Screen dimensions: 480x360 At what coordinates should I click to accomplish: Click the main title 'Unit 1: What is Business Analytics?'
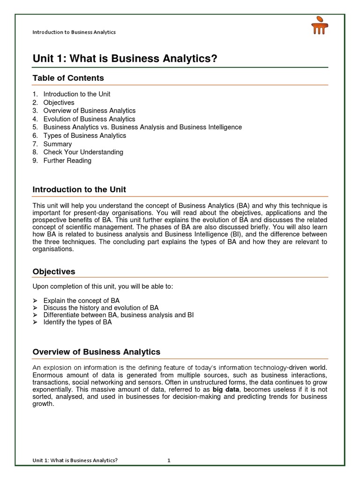pyautogui.click(x=119, y=59)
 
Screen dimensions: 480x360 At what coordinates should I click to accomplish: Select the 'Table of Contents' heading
pyautogui.click(x=68, y=78)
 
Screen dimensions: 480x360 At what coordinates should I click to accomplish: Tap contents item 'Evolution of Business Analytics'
pyautogui.click(x=89, y=119)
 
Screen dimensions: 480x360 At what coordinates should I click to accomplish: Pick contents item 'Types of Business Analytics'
pyautogui.click(x=85, y=135)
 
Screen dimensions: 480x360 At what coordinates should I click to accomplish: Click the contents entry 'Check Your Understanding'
pyautogui.click(x=83, y=152)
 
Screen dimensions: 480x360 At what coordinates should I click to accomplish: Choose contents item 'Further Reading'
pyautogui.click(x=67, y=160)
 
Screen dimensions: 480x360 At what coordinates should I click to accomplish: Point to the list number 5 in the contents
pyautogui.click(x=35, y=127)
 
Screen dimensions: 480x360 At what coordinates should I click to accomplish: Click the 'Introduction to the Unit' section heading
pyautogui.click(x=79, y=190)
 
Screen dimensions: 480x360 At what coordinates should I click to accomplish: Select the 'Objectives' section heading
pyautogui.click(x=53, y=272)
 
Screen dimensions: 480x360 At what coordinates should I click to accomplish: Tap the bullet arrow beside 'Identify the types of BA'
pyautogui.click(x=35, y=322)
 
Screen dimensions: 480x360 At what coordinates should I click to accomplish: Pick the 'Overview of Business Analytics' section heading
pyautogui.click(x=96, y=352)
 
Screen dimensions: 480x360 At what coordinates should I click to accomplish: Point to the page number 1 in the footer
pyautogui.click(x=169, y=460)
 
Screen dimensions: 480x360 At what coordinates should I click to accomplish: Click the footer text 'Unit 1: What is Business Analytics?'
pyautogui.click(x=75, y=460)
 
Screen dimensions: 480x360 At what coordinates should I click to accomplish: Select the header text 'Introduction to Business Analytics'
pyautogui.click(x=74, y=32)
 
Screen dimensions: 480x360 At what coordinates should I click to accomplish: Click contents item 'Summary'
pyautogui.click(x=58, y=144)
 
